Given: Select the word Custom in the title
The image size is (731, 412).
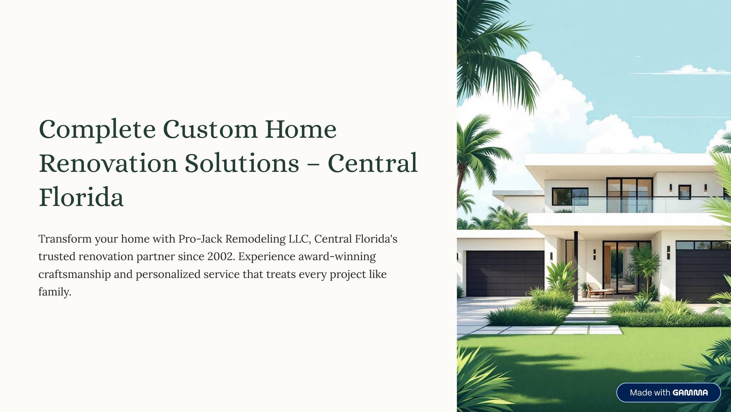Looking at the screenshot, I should (210, 129).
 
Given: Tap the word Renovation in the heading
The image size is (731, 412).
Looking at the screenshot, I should (108, 164).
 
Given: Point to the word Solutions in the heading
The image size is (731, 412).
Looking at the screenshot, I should (242, 164).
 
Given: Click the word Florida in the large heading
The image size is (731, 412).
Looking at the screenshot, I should (81, 197).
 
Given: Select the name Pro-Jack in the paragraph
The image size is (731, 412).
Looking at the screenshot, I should (200, 239).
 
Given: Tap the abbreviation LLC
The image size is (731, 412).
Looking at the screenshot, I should (299, 239).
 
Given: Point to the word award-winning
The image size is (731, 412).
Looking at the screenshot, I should (337, 257).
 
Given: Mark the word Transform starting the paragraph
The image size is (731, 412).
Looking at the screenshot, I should (65, 239).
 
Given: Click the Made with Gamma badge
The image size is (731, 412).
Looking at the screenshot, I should (668, 393).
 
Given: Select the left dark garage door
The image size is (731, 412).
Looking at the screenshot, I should (505, 273).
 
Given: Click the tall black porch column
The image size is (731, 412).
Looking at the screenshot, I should (576, 266).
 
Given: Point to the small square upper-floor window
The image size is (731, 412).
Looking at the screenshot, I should (684, 191).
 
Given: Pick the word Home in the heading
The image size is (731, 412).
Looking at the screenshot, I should (301, 129).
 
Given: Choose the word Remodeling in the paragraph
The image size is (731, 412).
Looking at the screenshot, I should (255, 239).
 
